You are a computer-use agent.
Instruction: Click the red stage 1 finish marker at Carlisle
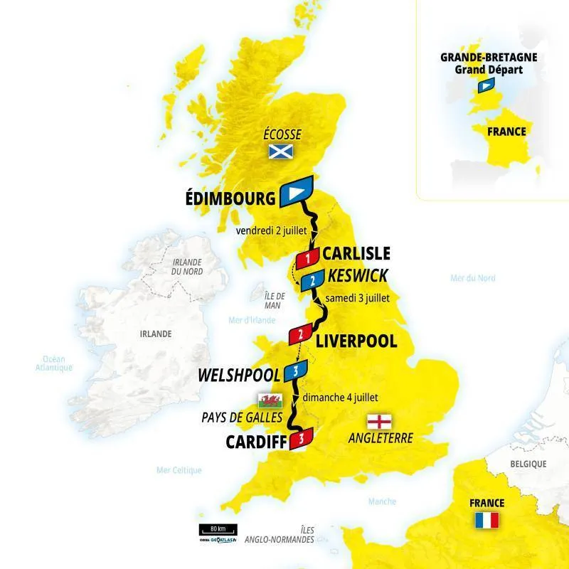(x=307, y=257)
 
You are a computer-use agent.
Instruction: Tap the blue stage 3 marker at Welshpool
(x=295, y=370)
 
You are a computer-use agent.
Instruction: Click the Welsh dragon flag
(x=272, y=399)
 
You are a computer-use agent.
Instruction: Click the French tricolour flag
(x=486, y=520)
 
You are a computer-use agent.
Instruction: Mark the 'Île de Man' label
(x=274, y=299)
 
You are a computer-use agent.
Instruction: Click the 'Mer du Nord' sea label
(x=473, y=278)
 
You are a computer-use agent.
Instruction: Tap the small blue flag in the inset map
(x=486, y=85)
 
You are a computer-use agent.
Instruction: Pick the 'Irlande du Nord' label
(x=186, y=266)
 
